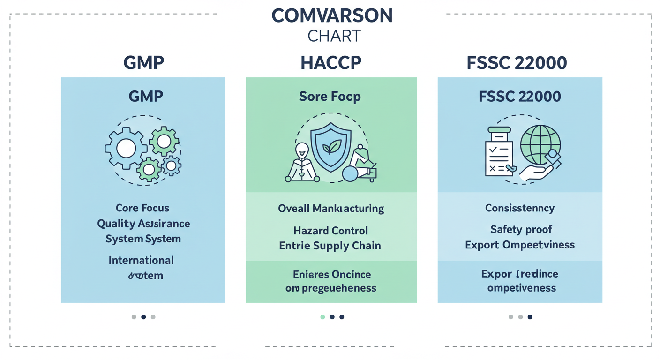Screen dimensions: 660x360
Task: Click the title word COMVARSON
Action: pos(332,16)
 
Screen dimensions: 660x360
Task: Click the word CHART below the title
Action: pos(334,36)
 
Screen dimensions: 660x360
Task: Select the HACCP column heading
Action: pos(331,62)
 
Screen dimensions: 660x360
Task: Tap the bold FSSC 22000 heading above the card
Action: pos(517,62)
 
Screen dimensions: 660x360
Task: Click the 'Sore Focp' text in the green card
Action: pos(330,97)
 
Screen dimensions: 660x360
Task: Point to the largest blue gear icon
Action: pos(126,149)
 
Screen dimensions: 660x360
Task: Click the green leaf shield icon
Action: pos(330,148)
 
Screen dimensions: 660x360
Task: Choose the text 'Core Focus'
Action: pos(142,208)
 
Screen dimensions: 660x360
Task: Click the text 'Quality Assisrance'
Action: pos(143,224)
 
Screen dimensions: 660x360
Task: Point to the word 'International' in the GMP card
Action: pos(141,260)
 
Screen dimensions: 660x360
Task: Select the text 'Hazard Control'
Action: pos(330,231)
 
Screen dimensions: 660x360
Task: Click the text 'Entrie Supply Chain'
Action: pos(330,246)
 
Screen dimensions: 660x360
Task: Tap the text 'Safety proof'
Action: pos(521,229)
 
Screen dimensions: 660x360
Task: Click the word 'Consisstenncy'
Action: pos(520,208)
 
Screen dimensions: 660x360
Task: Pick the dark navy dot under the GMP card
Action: pos(143,317)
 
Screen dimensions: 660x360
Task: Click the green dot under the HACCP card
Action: pos(322,317)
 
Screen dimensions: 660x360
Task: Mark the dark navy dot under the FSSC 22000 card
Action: pos(530,317)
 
